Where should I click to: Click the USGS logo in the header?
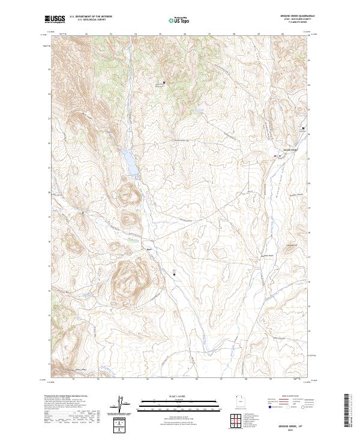(x=55, y=20)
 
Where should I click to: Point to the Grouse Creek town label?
(x=290, y=149)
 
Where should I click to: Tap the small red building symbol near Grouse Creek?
(x=275, y=156)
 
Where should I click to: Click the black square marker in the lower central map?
(x=175, y=274)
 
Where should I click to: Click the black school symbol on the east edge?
(x=303, y=128)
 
